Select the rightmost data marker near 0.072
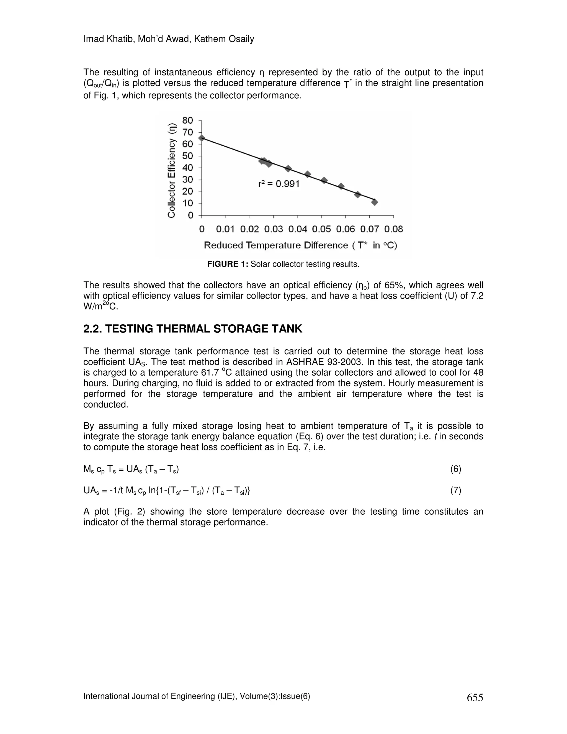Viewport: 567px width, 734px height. [x=375, y=202]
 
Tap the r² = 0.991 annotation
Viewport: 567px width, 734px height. [x=279, y=184]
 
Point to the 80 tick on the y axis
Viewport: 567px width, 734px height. [x=188, y=120]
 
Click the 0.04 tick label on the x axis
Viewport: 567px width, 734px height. [x=298, y=229]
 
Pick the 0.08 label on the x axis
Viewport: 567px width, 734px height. [x=394, y=229]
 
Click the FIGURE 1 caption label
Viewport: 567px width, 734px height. [x=227, y=264]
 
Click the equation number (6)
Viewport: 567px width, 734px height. [x=455, y=469]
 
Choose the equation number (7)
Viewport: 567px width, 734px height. [x=455, y=491]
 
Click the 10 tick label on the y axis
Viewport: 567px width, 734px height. [x=188, y=203]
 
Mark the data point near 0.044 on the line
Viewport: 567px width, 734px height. [x=307, y=174]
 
